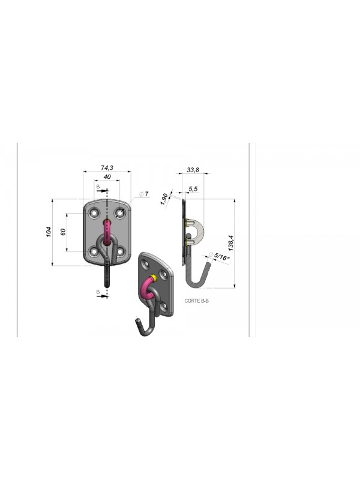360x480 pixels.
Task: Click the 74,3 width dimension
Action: (107, 168)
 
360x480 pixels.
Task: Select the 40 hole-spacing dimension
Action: (107, 176)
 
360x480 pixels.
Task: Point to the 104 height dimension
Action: (49, 232)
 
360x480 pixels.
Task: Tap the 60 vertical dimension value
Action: (64, 232)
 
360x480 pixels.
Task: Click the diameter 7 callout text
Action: (144, 194)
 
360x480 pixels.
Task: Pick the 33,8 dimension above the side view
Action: (193, 170)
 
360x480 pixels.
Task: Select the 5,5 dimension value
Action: (193, 189)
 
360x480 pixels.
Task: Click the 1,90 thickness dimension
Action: (164, 199)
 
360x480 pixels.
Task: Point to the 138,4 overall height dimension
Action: (231, 243)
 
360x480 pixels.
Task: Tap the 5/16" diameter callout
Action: (219, 257)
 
